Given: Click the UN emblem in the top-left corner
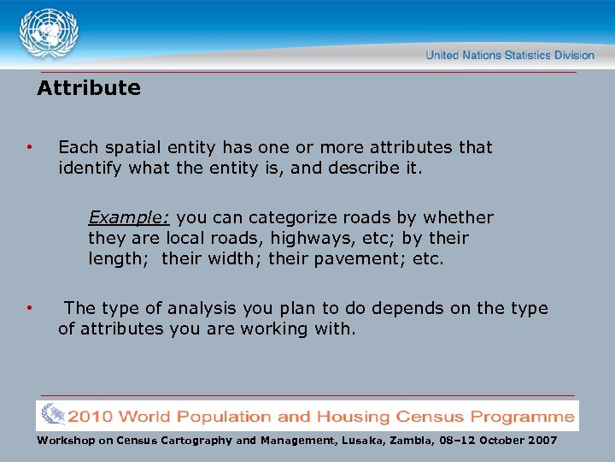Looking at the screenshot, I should (x=49, y=34).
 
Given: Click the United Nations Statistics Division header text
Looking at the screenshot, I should (x=510, y=55).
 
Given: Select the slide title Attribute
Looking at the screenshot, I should (x=89, y=88).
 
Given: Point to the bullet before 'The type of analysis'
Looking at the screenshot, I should (x=29, y=307).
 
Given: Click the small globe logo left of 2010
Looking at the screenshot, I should (x=52, y=416).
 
